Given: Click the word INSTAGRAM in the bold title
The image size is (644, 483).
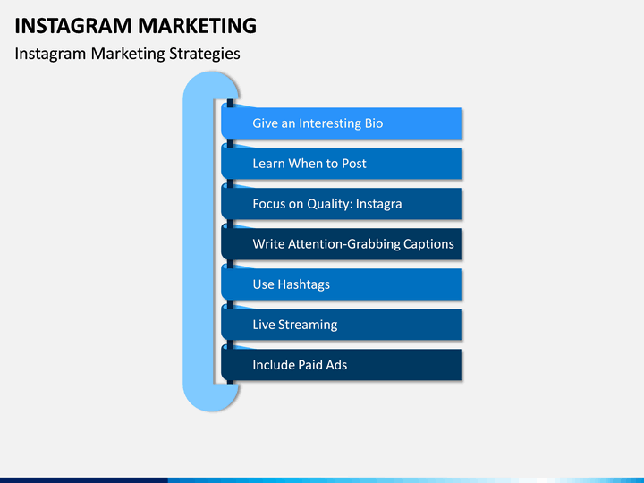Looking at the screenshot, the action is (x=73, y=26).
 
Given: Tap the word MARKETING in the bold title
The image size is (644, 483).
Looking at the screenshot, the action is (x=197, y=26).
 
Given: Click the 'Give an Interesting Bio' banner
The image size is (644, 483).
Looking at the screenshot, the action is (x=342, y=123).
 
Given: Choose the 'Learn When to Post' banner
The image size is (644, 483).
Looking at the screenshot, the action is (x=342, y=163).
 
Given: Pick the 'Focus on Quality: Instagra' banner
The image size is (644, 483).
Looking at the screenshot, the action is (x=342, y=203).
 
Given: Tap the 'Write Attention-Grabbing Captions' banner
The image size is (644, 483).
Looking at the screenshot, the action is (x=342, y=243).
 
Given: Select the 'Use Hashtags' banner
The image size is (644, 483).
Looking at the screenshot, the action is (x=342, y=284).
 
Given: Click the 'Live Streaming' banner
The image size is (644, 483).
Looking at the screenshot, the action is (x=342, y=324).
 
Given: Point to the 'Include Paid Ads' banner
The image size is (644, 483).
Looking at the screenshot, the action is (x=342, y=364).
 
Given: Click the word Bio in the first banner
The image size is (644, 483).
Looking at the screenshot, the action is (x=374, y=123).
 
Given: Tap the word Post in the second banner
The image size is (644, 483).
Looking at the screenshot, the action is (x=353, y=164).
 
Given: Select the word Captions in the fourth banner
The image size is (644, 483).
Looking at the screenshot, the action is (x=428, y=244).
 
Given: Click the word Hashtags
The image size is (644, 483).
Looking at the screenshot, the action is (x=303, y=284).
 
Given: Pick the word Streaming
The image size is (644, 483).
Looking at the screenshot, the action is (x=308, y=325).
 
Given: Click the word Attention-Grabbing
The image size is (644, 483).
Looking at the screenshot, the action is (x=344, y=244).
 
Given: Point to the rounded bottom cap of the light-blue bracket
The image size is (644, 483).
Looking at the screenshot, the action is (x=211, y=397).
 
